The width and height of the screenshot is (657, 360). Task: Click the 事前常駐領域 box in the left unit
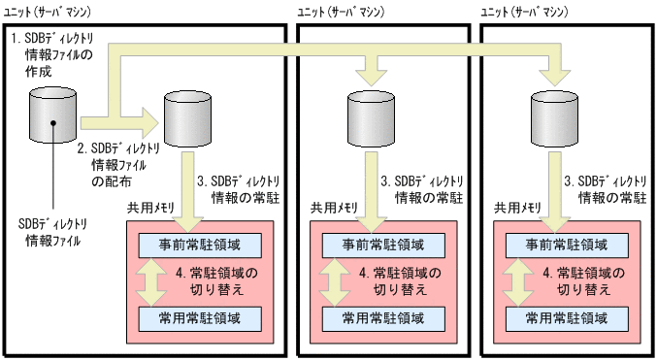click(200, 244)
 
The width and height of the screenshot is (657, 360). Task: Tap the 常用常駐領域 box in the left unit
click(200, 317)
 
